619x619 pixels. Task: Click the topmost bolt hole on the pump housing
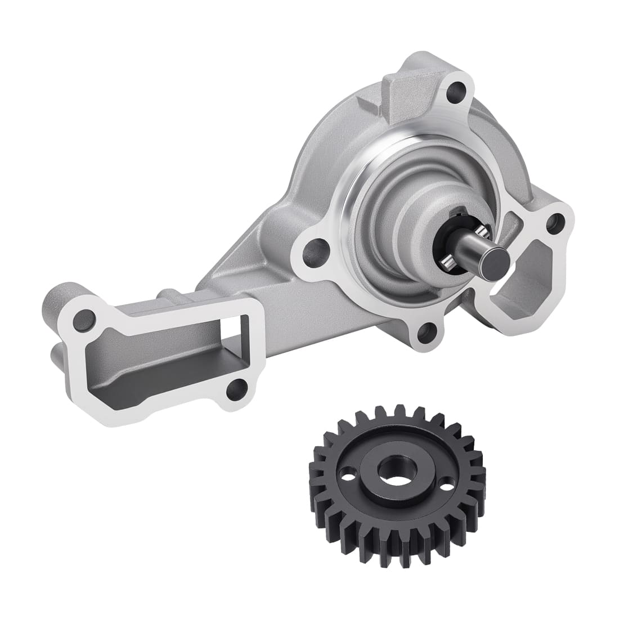point(460,89)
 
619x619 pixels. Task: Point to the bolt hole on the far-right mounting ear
point(556,220)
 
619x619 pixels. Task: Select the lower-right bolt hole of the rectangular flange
point(239,387)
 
